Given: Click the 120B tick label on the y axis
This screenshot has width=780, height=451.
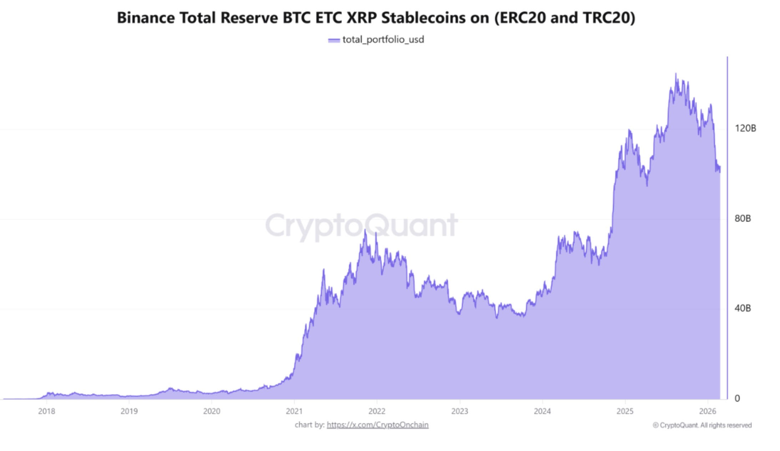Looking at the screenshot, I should coord(745,128).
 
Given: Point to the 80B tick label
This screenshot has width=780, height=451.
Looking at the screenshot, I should coord(743,218).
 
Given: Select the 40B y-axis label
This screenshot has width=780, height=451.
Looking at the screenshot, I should coord(743,308).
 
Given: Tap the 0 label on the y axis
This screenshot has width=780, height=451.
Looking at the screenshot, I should coord(737,399).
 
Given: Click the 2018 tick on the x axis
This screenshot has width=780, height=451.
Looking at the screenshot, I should coord(47,411).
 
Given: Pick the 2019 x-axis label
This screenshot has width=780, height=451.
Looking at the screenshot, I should coord(129,411).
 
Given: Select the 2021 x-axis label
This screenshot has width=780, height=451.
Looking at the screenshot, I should coord(294,411).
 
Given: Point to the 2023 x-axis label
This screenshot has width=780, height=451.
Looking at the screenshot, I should coord(460,411).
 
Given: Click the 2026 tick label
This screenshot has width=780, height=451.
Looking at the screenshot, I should coord(708,411).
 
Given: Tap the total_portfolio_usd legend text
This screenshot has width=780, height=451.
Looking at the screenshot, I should coord(383,40).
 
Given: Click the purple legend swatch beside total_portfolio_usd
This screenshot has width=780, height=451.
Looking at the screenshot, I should coord(334,40).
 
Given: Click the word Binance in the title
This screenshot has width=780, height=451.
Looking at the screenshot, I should coord(146,18).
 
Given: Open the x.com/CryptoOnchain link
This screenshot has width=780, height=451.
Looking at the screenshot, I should coord(378,425).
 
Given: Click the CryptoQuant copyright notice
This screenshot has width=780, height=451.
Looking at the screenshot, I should coord(702,425).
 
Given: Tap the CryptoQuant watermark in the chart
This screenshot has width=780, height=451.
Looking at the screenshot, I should coord(361,225).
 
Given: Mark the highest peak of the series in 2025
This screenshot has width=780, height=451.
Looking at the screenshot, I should coord(675,74).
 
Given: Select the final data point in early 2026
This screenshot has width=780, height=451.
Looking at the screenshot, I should coord(720,170).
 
